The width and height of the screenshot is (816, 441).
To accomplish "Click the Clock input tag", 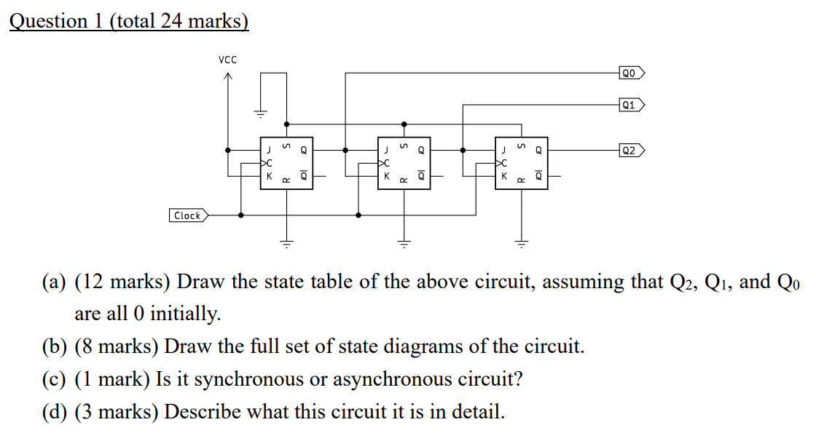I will [x=188, y=215].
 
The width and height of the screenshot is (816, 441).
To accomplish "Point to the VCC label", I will [x=227, y=59].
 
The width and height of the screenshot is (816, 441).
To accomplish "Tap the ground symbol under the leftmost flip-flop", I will [x=286, y=244].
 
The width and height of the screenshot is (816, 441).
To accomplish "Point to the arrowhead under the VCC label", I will [x=228, y=77].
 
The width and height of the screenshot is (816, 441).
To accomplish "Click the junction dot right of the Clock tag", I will [x=241, y=215].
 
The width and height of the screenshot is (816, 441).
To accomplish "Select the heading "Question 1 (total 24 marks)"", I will [x=129, y=21].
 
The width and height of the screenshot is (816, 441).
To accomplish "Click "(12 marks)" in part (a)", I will [x=122, y=282].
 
